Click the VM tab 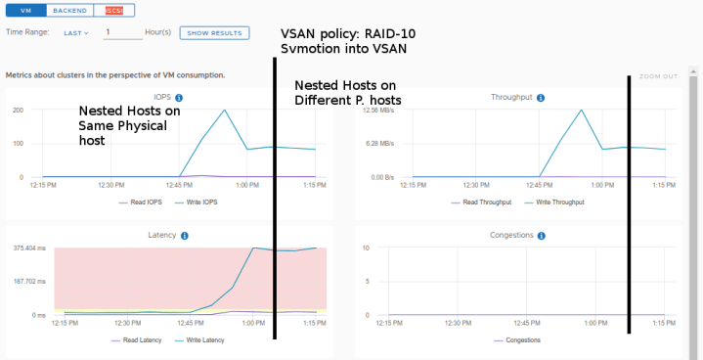pos(25,10)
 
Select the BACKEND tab pos(70,10)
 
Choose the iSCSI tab pos(114,10)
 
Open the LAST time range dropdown pos(76,32)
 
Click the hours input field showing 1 pos(122,32)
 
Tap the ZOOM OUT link pos(657,76)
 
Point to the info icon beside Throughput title pos(541,98)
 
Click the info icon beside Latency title pos(185,236)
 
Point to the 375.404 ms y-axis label pos(31,248)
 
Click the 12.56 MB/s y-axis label pos(377,110)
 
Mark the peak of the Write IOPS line pos(226,110)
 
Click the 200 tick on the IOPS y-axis pos(18,110)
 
